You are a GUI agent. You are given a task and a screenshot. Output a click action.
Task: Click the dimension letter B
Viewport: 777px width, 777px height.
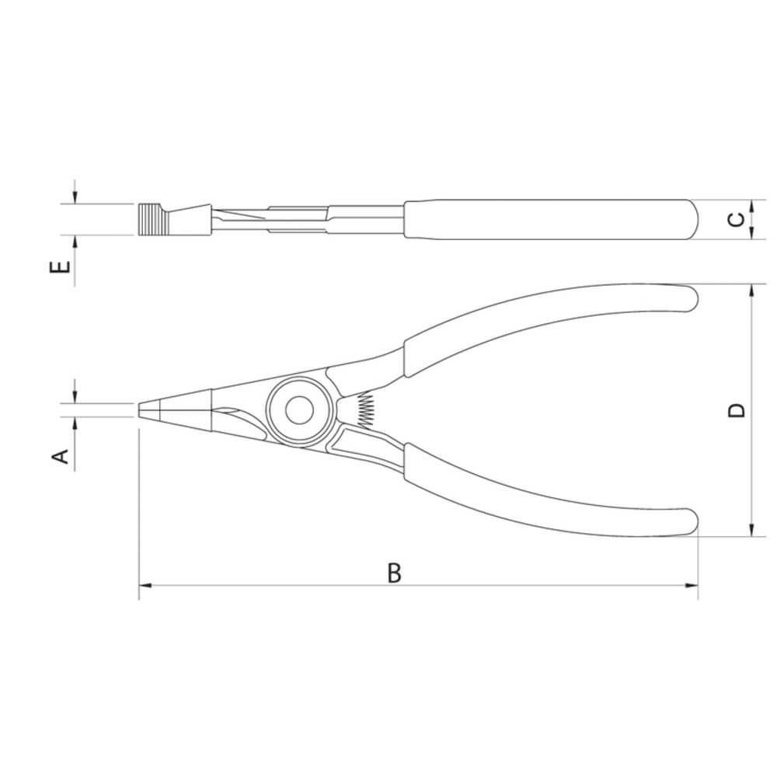coord(395,573)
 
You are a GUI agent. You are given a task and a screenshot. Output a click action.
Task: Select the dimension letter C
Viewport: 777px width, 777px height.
coord(738,219)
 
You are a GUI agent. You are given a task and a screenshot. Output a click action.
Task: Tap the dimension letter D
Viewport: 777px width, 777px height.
coord(738,409)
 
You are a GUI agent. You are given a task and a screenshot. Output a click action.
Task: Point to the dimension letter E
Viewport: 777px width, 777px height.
coord(61,267)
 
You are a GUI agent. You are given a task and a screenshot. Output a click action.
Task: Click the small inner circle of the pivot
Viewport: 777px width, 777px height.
coord(299,410)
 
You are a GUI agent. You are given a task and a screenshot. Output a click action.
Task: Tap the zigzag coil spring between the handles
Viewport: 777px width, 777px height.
coord(365,409)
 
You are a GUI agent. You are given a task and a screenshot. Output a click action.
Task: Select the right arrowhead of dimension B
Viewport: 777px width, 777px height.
coord(692,586)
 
